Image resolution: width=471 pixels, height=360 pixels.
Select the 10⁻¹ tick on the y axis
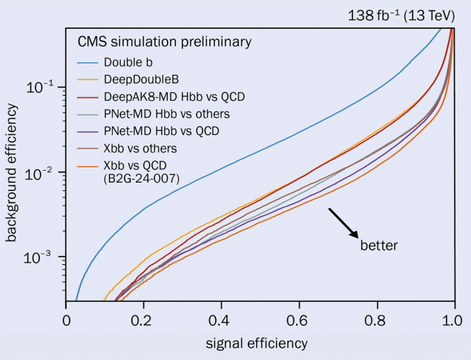click(x=43, y=88)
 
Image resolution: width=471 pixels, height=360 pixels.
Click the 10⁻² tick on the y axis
click(x=43, y=173)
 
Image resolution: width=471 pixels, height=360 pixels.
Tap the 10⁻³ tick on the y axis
click(x=43, y=258)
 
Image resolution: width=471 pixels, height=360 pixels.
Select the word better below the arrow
click(x=379, y=245)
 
